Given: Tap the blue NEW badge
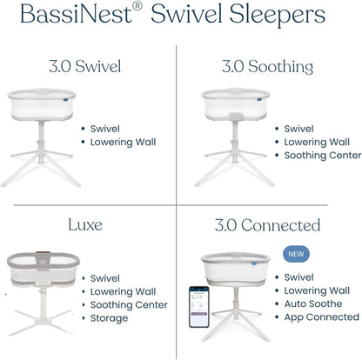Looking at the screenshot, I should (295, 255).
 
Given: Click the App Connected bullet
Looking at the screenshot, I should (321, 318).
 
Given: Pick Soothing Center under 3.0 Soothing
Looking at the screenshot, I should (322, 155).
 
